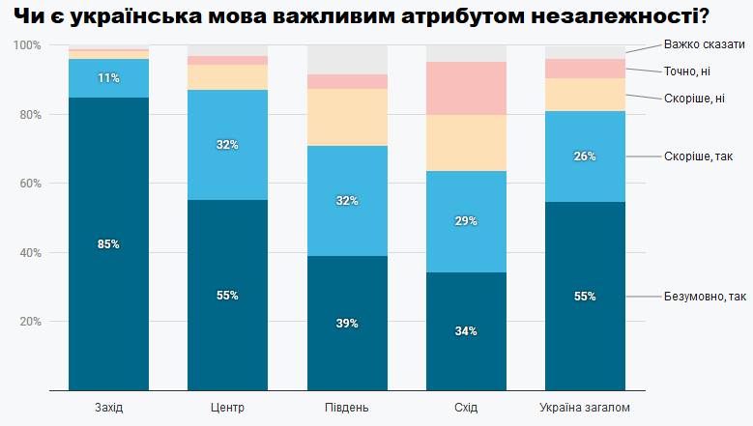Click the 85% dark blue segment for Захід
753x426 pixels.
108,243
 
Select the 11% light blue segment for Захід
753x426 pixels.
108,78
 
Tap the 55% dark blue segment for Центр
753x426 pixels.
227,295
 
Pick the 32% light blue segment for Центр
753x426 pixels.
227,145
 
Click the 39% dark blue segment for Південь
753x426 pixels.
347,323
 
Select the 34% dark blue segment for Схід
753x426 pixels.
466,330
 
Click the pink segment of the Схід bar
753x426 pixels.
466,88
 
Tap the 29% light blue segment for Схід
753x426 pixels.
466,221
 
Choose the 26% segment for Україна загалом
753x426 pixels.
585,156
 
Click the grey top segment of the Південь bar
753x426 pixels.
347,60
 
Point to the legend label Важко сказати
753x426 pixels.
704,44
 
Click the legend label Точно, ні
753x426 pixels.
689,71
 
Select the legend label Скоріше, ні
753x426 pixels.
693,98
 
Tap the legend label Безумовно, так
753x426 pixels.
705,296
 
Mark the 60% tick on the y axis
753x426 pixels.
30,184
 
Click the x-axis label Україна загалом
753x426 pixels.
585,407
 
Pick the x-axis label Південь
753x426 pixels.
347,407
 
